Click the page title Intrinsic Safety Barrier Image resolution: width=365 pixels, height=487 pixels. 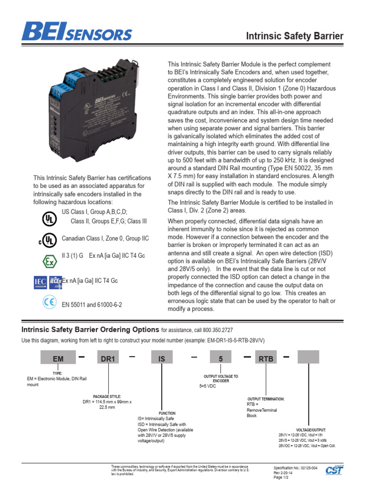(294, 36)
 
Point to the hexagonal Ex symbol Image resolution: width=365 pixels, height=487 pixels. (48, 261)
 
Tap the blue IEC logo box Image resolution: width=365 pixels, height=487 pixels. (40, 282)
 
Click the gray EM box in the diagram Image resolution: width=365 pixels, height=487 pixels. (58, 359)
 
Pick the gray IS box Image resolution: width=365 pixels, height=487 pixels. (162, 359)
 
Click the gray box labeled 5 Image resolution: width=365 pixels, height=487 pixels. (221, 359)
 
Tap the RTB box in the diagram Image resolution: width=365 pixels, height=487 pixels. (266, 359)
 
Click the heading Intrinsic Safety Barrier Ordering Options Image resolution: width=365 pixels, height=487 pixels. (90, 330)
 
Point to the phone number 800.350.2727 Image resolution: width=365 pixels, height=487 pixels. (215, 331)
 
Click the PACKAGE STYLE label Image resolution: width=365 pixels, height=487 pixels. (107, 396)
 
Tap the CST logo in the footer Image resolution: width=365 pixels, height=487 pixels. (335, 470)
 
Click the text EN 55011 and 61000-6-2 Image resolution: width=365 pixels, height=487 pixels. (92, 304)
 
